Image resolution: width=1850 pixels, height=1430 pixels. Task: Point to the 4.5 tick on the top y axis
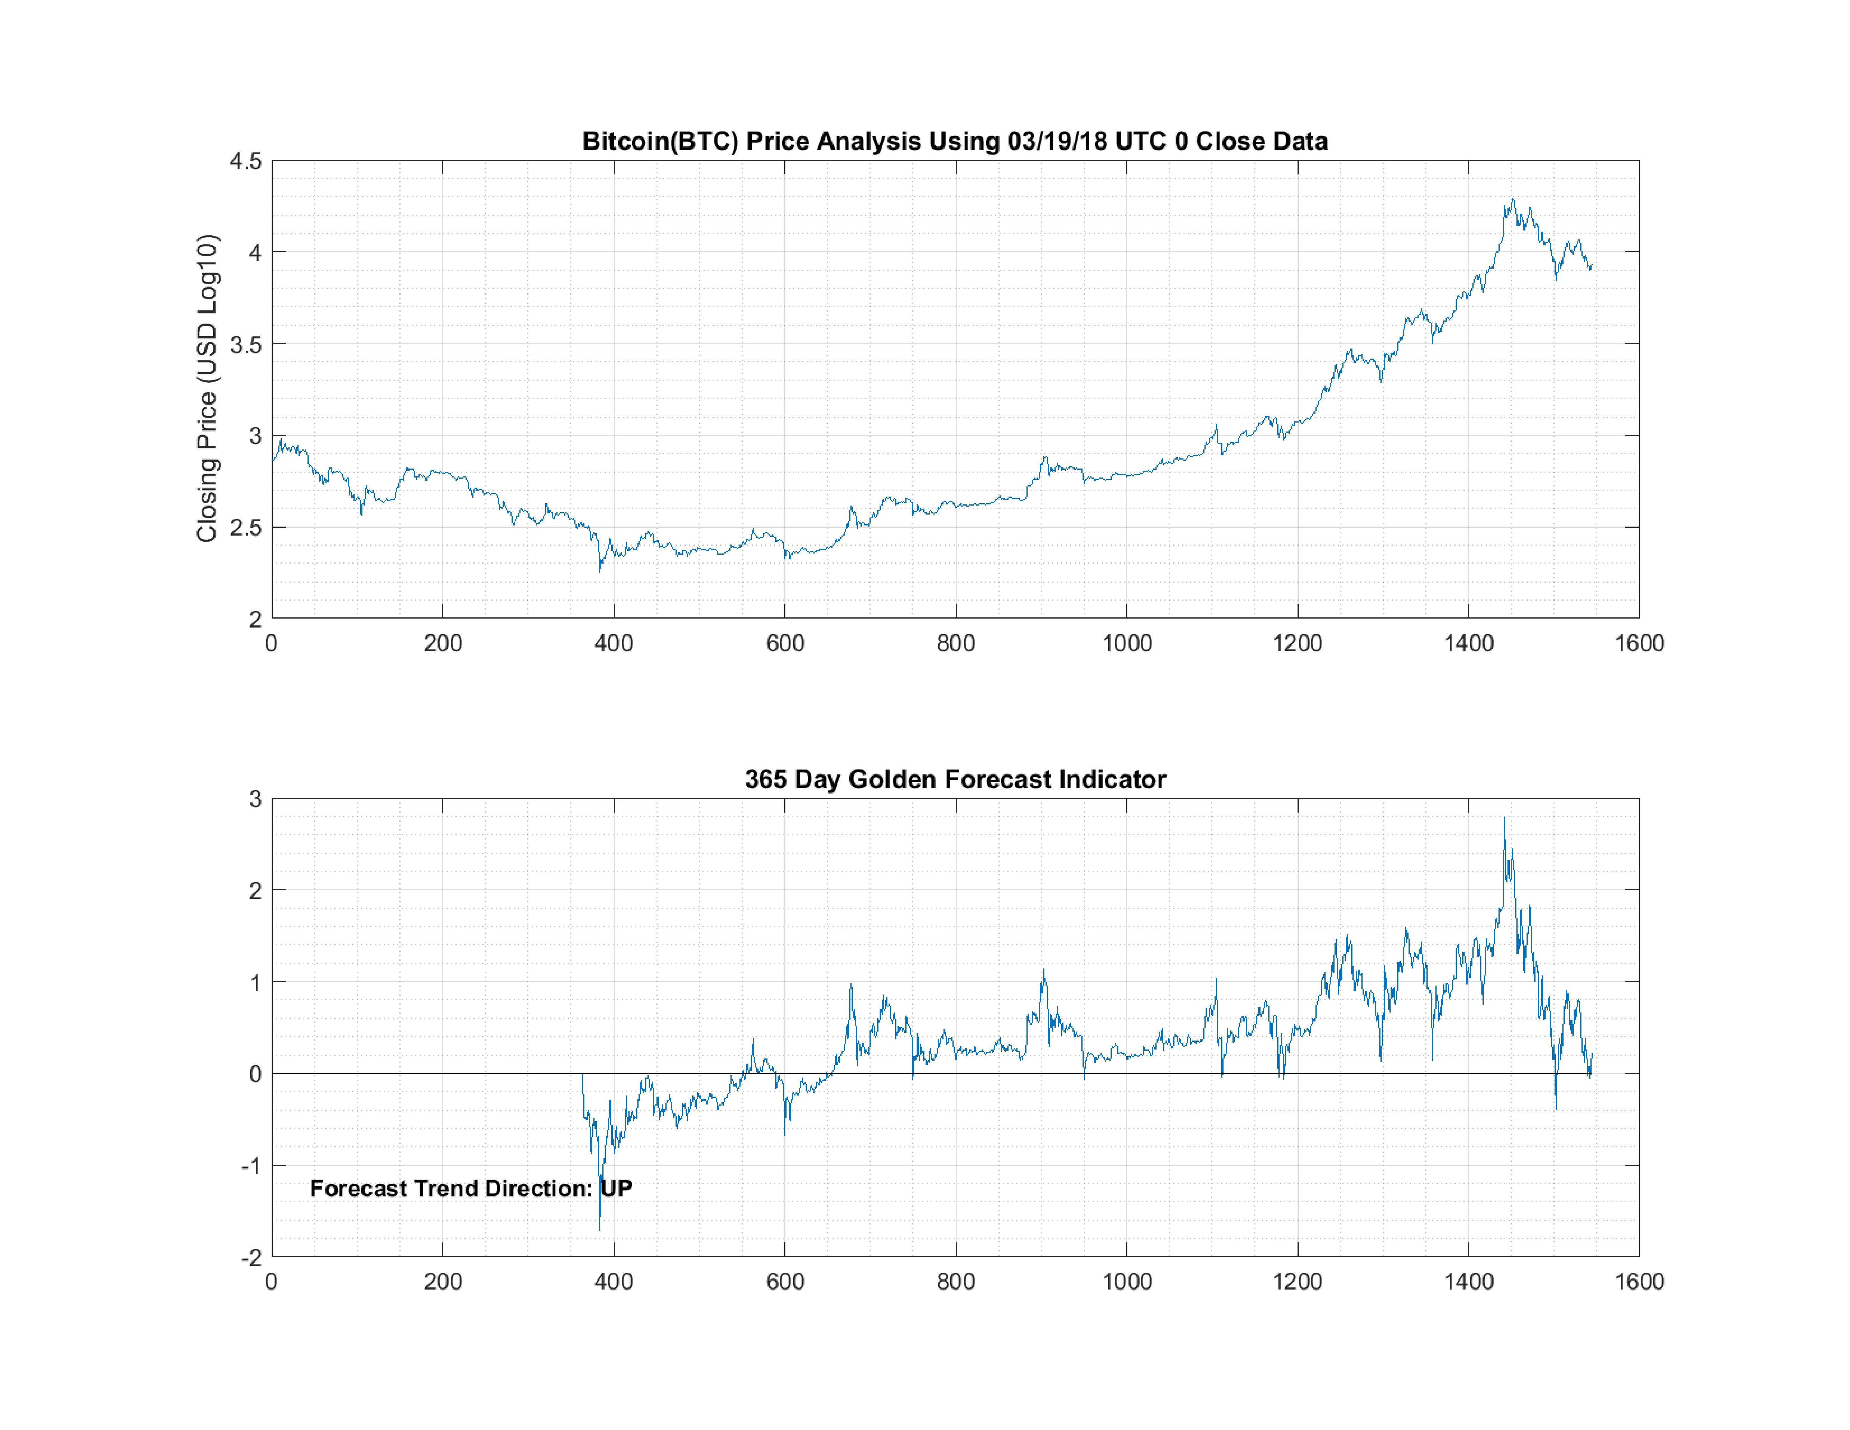pos(246,161)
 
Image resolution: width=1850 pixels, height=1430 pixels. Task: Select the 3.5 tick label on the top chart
pos(246,344)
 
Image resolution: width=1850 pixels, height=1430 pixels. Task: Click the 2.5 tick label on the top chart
pos(246,528)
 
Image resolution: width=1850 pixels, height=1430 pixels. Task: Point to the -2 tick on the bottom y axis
pos(251,1258)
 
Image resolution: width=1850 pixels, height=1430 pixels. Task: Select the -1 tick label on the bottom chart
pos(251,1166)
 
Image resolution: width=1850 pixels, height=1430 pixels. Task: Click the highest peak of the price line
pos(1513,200)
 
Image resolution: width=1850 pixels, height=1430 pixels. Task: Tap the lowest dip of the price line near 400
pos(600,571)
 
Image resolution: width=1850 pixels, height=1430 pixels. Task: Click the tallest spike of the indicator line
pos(1504,818)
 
